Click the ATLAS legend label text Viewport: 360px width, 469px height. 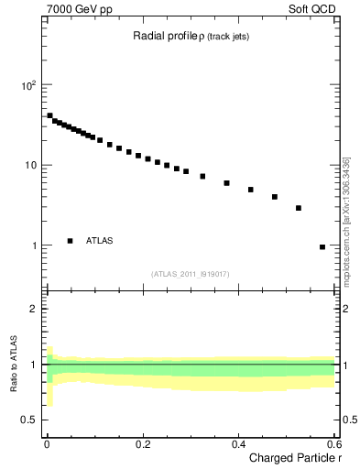pyautogui.click(x=100, y=241)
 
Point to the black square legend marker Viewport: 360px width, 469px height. pyautogui.click(x=71, y=241)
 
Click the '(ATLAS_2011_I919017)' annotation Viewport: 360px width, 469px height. pyautogui.click(x=191, y=272)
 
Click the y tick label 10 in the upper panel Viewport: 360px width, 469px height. pyautogui.click(x=31, y=166)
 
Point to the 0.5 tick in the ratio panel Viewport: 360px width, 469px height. pyautogui.click(x=31, y=420)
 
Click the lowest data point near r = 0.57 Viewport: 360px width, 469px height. pyautogui.click(x=322, y=246)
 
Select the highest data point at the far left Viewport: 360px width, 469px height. pyautogui.click(x=49, y=115)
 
